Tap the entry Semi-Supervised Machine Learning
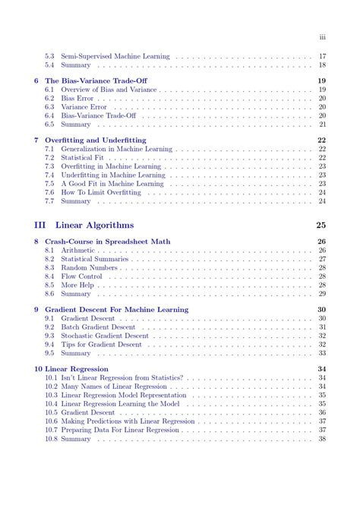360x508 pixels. click(115, 56)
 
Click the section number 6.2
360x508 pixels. click(49, 98)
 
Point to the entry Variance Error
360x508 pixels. click(84, 107)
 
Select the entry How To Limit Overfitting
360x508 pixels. click(101, 192)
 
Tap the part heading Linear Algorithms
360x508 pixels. click(94, 225)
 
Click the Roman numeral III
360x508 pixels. click(41, 225)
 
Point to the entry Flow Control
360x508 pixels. click(81, 276)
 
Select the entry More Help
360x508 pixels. click(79, 285)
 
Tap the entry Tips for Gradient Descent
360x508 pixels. click(101, 344)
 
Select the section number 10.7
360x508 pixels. click(51, 430)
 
